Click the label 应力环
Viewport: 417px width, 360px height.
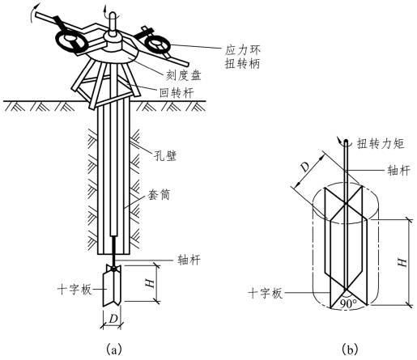243,50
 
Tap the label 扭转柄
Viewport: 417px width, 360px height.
243,64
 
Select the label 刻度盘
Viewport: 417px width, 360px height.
183,75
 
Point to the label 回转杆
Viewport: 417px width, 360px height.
177,93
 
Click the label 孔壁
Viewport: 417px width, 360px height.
165,155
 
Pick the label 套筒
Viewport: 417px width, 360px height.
159,194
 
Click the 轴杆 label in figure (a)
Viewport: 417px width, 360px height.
189,260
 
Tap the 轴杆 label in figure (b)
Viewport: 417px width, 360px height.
399,170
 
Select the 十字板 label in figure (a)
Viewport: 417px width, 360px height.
74,290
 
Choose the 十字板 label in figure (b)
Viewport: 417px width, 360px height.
266,293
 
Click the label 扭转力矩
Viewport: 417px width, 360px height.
381,143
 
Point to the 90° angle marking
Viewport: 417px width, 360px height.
348,304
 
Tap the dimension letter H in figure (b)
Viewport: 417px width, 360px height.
402,262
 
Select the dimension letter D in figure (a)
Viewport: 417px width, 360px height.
113,319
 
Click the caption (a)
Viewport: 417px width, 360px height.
114,349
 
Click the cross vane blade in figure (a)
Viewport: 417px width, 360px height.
112,286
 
